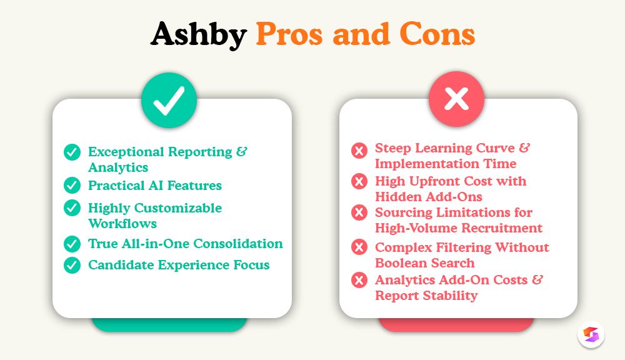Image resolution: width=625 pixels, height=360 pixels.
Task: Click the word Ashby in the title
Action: click(x=198, y=36)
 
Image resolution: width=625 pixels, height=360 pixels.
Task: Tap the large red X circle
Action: click(x=456, y=99)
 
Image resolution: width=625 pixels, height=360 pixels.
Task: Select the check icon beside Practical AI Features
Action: click(x=72, y=186)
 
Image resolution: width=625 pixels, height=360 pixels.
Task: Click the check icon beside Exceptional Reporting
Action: click(x=72, y=152)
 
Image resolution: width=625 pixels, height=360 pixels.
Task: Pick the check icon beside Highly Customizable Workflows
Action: click(x=72, y=208)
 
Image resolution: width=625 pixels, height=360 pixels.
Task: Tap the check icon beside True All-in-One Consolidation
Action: click(x=72, y=244)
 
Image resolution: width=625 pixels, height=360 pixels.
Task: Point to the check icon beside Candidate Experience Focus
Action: click(x=72, y=265)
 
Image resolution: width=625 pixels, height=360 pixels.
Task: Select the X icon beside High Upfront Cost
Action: click(x=359, y=182)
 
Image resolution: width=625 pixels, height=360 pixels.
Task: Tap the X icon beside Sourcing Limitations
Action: click(x=359, y=213)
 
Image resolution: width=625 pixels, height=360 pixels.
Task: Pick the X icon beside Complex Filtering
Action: click(x=359, y=247)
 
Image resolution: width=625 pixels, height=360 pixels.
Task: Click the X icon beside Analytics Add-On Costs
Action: click(x=359, y=280)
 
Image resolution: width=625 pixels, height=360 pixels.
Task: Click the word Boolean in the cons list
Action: click(x=401, y=263)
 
